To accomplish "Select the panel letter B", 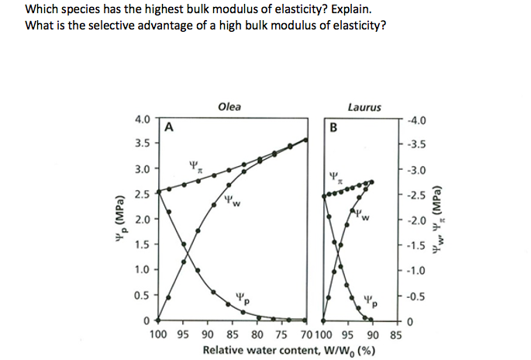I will tap(334, 128).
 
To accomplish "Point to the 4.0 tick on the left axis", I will tap(142, 119).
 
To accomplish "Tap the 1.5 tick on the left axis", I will tap(142, 245).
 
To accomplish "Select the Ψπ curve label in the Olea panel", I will tap(195, 165).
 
